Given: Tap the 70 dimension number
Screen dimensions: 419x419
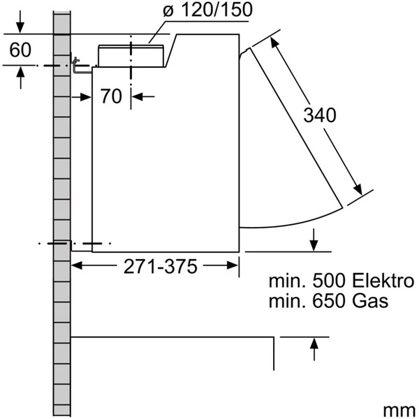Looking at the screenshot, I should [x=111, y=96].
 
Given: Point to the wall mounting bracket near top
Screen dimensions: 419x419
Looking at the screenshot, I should [x=80, y=67].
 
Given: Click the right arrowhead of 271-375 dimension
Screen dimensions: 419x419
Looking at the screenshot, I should [x=235, y=265].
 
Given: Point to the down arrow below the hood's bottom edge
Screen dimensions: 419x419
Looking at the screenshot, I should [x=315, y=244].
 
